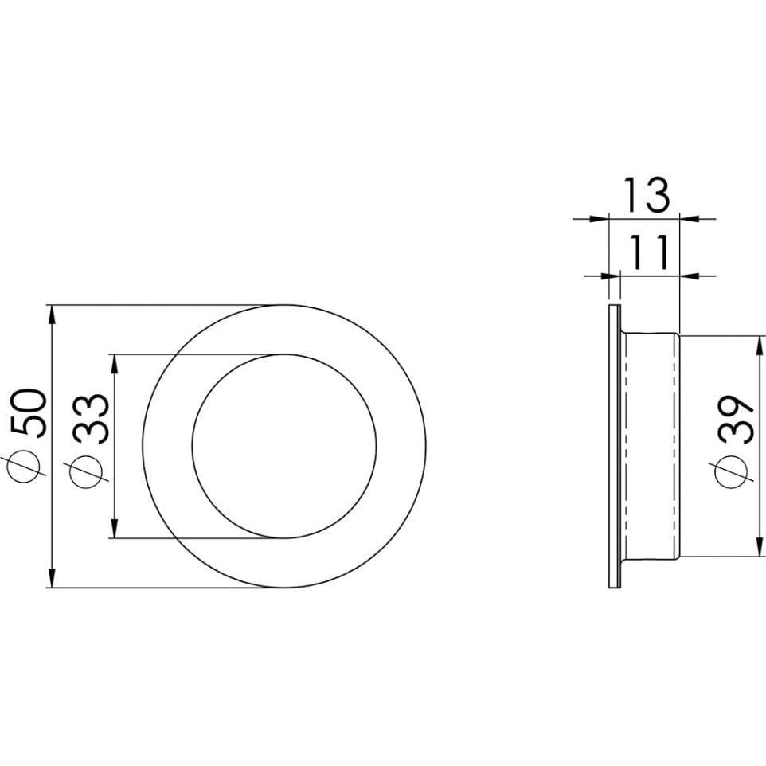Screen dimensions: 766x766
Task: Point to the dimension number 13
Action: point(647,195)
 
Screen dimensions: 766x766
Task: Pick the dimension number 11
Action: point(648,252)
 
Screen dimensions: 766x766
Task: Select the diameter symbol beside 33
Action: point(87,472)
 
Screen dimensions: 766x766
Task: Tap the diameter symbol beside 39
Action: point(731,471)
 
